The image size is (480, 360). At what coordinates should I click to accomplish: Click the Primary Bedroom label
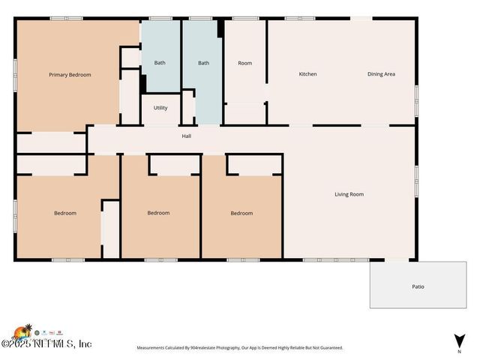click(70, 75)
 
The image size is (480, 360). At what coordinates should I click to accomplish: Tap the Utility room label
click(160, 108)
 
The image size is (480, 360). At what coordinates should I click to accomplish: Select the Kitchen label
click(307, 74)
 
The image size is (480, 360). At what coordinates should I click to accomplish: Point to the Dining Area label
click(381, 74)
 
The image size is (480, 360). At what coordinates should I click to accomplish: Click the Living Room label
click(349, 194)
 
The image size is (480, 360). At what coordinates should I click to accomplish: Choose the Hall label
click(186, 136)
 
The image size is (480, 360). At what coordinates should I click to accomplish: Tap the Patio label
click(418, 286)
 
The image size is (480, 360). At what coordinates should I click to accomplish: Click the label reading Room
click(244, 63)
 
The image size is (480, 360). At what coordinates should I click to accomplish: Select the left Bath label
click(160, 63)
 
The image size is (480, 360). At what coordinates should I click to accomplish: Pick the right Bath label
click(203, 63)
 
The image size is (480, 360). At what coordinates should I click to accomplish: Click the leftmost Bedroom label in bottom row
click(65, 213)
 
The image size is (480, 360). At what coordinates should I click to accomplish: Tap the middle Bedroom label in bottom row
click(158, 213)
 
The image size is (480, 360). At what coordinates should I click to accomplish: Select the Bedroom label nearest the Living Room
click(241, 213)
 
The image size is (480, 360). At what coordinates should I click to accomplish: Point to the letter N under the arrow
click(459, 351)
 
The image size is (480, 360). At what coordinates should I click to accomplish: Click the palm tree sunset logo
click(22, 331)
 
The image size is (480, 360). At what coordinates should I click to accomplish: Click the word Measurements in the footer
click(152, 348)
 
